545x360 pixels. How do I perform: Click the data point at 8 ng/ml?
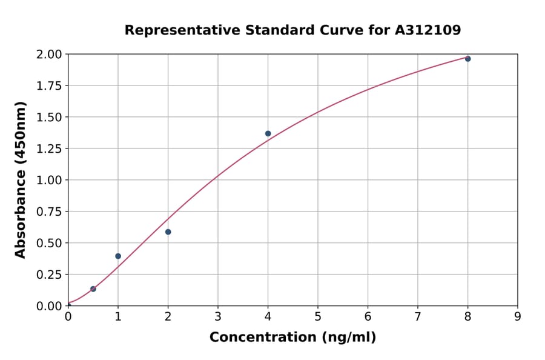pyautogui.click(x=467, y=59)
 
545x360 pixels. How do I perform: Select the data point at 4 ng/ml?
pyautogui.click(x=268, y=133)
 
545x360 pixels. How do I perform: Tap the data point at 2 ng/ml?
pyautogui.click(x=168, y=232)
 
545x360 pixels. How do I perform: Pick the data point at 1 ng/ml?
pyautogui.click(x=118, y=256)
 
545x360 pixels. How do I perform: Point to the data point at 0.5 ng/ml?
pyautogui.click(x=93, y=288)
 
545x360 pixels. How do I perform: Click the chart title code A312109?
pyautogui.click(x=428, y=30)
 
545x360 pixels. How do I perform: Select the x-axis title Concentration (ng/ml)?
pyautogui.click(x=292, y=338)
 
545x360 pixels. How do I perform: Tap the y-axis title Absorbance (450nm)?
pyautogui.click(x=21, y=180)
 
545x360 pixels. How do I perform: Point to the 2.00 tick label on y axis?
pyautogui.click(x=49, y=55)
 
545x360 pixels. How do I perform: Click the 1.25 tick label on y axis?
pyautogui.click(x=49, y=148)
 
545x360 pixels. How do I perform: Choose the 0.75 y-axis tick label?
pyautogui.click(x=49, y=212)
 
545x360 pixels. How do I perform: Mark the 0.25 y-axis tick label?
pyautogui.click(x=49, y=275)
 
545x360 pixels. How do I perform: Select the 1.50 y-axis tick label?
pyautogui.click(x=49, y=117)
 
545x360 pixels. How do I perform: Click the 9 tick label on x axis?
pyautogui.click(x=518, y=316)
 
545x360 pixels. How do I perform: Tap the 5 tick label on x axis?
pyautogui.click(x=318, y=316)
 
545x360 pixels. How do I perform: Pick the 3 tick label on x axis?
pyautogui.click(x=218, y=316)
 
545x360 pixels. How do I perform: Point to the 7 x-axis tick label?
pyautogui.click(x=418, y=316)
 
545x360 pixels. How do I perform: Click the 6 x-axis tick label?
pyautogui.click(x=368, y=316)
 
